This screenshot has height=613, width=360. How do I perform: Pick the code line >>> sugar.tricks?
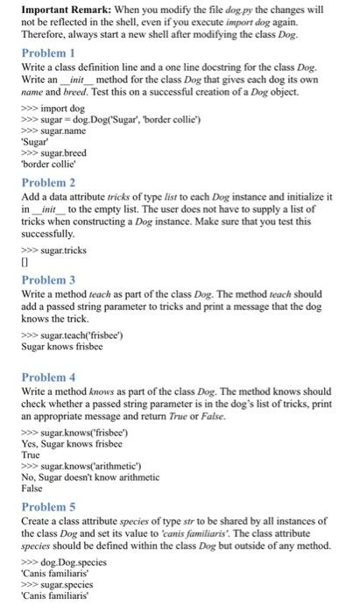[54, 249]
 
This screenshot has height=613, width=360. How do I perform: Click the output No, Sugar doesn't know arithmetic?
[89, 477]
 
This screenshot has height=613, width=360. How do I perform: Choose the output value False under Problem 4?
[30, 489]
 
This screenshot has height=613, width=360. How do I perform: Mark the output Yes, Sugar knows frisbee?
[68, 444]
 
